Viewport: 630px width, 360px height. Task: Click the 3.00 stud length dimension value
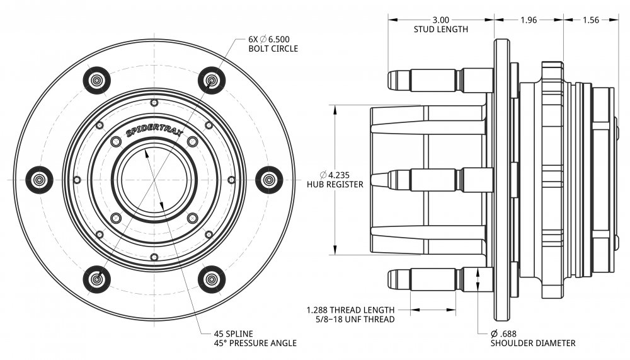pyautogui.click(x=440, y=20)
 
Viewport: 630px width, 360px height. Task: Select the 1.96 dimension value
pyautogui.click(x=528, y=20)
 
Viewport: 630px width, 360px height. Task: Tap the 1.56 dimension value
pyautogui.click(x=590, y=20)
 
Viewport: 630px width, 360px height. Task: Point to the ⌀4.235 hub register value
pyautogui.click(x=335, y=175)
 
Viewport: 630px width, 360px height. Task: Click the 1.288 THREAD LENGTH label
pyautogui.click(x=350, y=310)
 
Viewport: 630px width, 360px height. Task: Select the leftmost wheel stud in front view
pyautogui.click(x=39, y=180)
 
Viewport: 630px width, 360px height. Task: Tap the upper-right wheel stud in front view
pyautogui.click(x=212, y=80)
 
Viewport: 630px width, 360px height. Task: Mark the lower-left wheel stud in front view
pyautogui.click(x=97, y=279)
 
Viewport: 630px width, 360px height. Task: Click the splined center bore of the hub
pyautogui.click(x=154, y=180)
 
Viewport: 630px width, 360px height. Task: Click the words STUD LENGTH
pyautogui.click(x=440, y=29)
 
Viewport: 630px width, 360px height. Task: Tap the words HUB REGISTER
pyautogui.click(x=335, y=185)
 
